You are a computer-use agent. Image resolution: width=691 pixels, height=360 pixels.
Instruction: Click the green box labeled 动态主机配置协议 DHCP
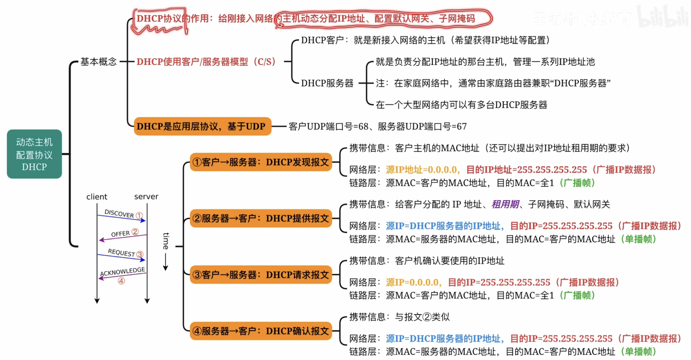coord(34,154)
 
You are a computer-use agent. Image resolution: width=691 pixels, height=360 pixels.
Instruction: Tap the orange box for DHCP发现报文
coord(261,162)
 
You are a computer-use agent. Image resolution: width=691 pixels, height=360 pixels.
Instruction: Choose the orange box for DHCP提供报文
coord(261,219)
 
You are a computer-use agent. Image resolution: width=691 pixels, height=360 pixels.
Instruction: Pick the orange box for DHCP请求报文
coord(261,275)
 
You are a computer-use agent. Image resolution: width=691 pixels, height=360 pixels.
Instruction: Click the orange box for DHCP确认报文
coord(261,331)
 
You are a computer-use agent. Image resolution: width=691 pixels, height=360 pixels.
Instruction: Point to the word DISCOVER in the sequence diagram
coord(119,213)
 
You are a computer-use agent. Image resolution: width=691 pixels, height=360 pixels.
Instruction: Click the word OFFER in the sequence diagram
coord(120,234)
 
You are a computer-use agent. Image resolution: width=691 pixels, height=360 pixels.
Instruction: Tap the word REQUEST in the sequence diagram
coord(121,253)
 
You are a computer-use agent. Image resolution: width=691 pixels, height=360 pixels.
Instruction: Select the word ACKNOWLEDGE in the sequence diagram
coord(122,271)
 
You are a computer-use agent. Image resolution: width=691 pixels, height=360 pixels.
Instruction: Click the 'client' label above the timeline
coord(97,197)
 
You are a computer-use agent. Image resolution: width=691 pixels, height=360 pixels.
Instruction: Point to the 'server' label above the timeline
coord(146,197)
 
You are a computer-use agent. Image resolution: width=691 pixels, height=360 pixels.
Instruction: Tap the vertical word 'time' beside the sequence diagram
coord(166,241)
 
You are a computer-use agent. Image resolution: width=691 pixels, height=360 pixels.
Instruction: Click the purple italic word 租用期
coord(505,204)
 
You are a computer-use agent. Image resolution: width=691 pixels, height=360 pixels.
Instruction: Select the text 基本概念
coord(98,62)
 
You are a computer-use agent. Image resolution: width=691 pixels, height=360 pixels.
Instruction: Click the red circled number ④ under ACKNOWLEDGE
coord(121,281)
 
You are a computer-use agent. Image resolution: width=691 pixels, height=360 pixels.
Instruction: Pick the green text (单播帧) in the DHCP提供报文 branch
coord(638,239)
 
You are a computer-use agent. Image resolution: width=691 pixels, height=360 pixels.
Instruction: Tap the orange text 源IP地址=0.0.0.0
coord(422,170)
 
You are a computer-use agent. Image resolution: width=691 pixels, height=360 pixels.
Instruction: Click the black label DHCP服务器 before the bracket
coord(327,83)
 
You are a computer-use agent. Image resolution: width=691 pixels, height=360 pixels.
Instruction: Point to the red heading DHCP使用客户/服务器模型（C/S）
coord(206,62)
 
